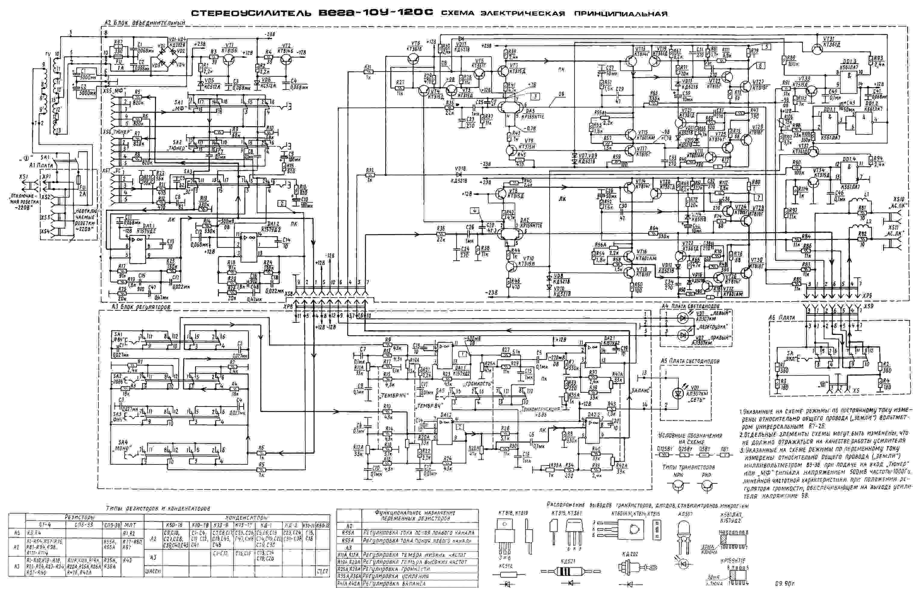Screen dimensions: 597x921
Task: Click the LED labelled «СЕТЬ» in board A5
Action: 678,393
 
